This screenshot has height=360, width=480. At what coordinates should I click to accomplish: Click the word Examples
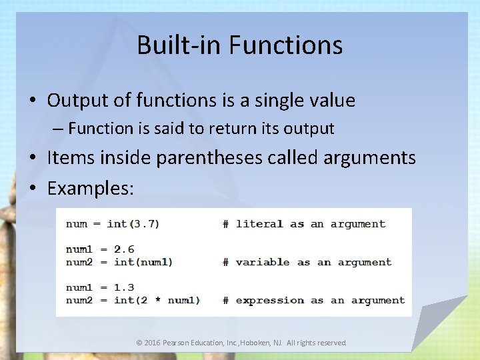(x=90, y=188)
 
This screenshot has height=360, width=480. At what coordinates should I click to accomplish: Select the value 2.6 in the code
(x=124, y=249)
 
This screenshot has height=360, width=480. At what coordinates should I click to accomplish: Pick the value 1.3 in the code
(x=124, y=287)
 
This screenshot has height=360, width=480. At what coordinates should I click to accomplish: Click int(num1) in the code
(x=143, y=262)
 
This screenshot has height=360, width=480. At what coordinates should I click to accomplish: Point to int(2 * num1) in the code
(x=157, y=300)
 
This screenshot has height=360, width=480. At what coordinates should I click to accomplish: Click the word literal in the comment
(x=259, y=224)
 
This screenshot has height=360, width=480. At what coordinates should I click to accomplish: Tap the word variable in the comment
(x=263, y=262)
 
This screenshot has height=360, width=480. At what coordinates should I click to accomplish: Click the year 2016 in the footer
(x=153, y=343)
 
